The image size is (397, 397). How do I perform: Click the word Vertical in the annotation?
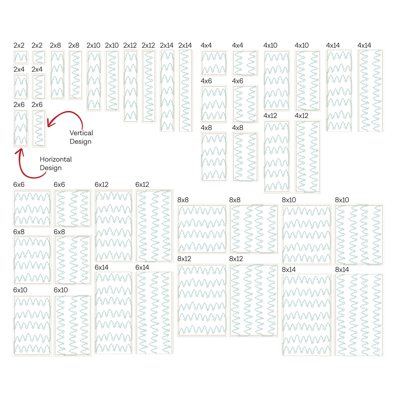click(81, 133)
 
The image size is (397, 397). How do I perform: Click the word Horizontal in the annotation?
click(56, 159)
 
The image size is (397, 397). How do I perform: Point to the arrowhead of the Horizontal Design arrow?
click(20, 152)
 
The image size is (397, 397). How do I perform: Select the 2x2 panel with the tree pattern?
click(21, 57)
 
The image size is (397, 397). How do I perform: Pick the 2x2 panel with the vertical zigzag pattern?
click(39, 57)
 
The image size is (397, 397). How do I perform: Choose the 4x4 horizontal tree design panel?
click(214, 63)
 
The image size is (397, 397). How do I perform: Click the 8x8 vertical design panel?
click(254, 229)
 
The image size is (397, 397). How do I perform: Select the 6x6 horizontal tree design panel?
click(32, 208)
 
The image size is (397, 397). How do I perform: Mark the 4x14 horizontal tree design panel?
click(339, 91)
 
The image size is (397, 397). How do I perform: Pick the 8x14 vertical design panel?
click(359, 315)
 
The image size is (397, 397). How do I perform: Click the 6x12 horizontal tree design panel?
click(114, 226)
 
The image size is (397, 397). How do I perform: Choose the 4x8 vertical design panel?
click(245, 157)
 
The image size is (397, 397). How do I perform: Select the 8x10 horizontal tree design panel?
click(306, 235)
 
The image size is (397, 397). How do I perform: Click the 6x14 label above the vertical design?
click(142, 267)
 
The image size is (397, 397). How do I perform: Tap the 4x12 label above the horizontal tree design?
click(270, 116)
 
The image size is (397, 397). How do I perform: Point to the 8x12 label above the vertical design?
click(236, 259)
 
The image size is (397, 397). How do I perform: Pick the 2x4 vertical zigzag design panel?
click(39, 87)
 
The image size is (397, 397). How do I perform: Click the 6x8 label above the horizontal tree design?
click(19, 232)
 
